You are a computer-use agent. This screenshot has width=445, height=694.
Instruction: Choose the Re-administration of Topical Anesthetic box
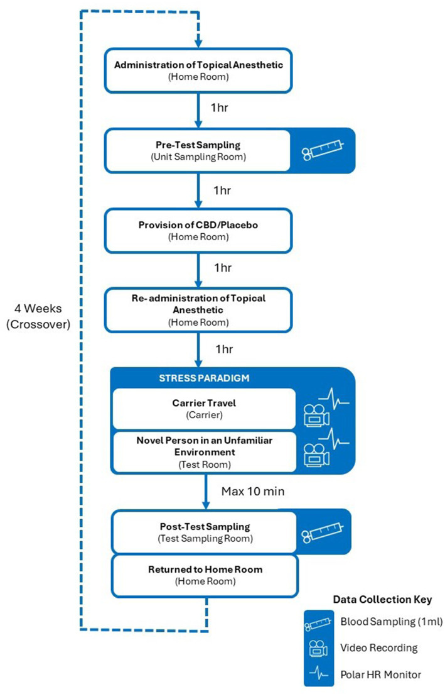point(198,308)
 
